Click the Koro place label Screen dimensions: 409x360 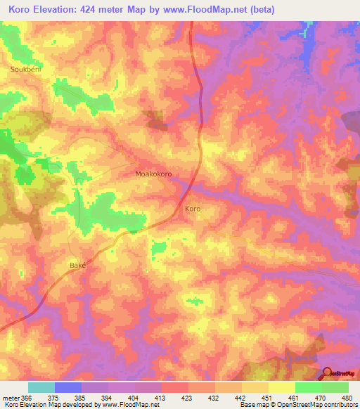point(193,209)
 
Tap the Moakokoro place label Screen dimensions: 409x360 point(153,173)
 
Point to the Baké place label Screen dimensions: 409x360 point(77,265)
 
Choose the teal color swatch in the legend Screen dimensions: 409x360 point(41,387)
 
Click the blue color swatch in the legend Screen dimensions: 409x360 point(67,387)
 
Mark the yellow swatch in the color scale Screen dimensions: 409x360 point(281,387)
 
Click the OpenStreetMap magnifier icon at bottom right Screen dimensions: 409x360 point(328,372)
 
